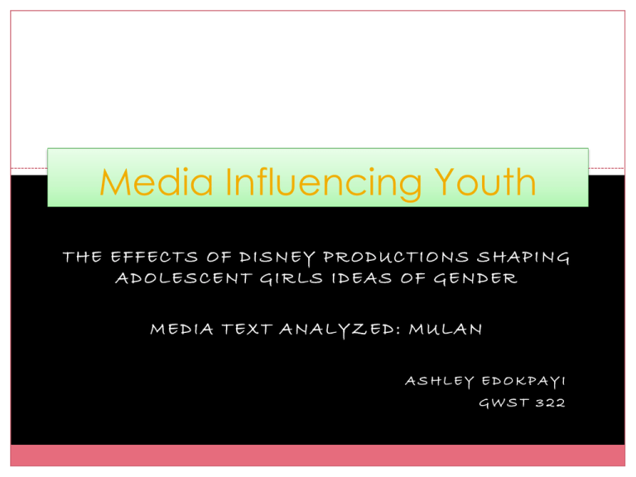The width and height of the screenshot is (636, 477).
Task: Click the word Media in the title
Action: pos(135,182)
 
